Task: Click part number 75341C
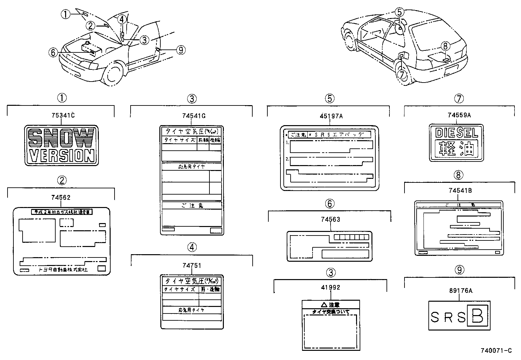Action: [63, 115]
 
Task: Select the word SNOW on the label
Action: [61, 138]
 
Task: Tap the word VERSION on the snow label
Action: [62, 156]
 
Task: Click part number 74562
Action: [61, 197]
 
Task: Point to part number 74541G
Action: [194, 116]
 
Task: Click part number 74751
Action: [192, 265]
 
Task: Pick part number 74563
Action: [330, 219]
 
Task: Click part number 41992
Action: [331, 287]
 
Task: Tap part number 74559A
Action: [459, 115]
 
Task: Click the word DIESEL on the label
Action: [457, 133]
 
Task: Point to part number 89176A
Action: [459, 290]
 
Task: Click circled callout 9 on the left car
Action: [180, 50]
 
